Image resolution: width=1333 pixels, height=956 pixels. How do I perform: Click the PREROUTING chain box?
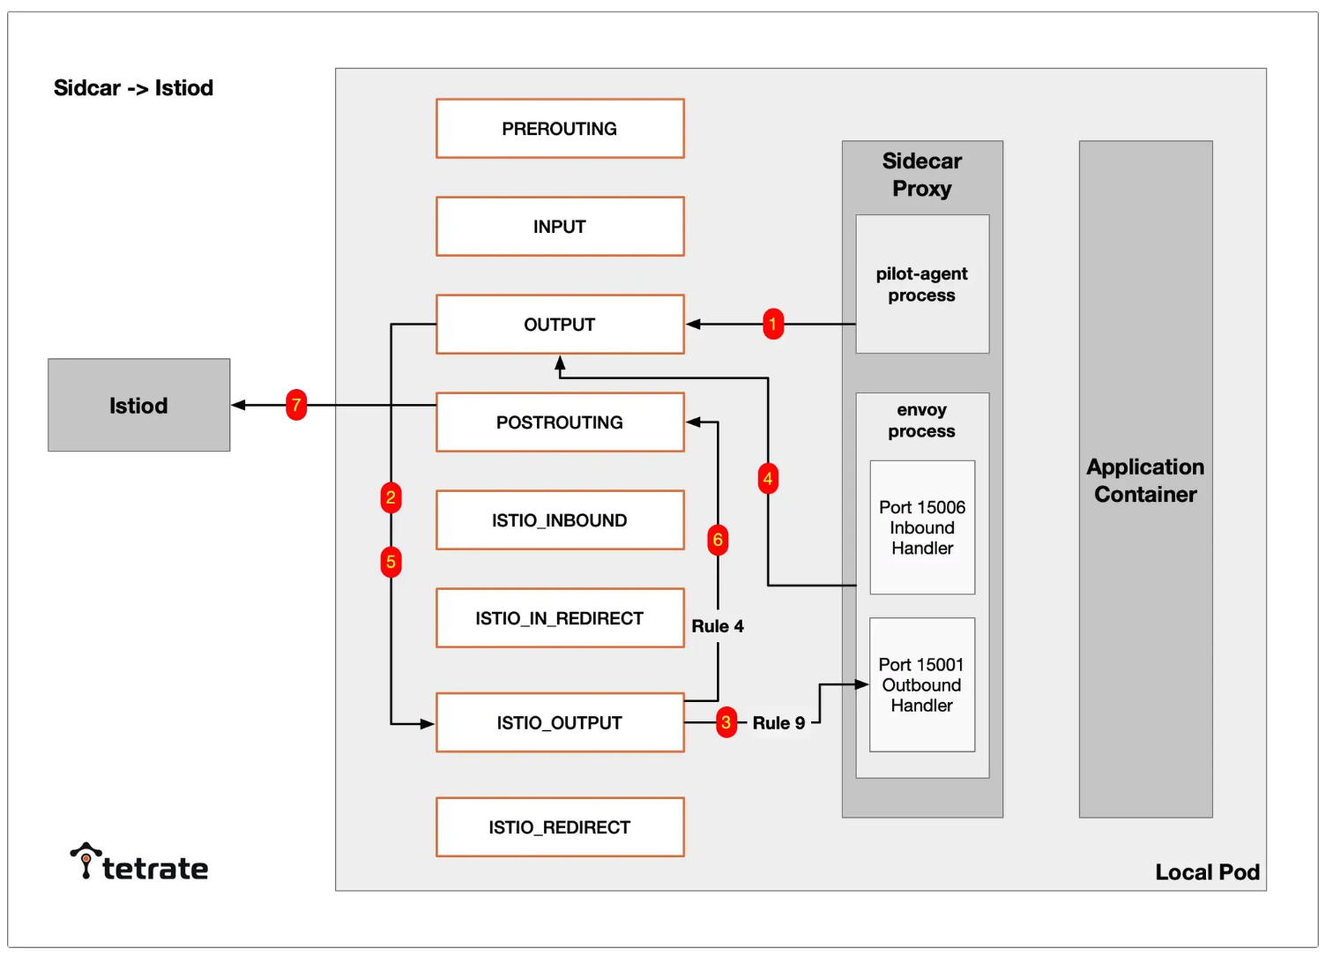560,129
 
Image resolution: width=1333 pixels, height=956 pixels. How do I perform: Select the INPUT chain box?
560,226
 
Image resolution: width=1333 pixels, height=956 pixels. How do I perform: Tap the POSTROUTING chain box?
560,422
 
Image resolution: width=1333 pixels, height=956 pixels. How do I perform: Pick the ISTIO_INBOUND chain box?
560,519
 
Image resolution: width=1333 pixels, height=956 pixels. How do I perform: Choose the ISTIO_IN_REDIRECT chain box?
560,618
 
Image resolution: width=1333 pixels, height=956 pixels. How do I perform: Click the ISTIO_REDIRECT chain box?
560,827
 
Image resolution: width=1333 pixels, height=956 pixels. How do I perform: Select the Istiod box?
138,405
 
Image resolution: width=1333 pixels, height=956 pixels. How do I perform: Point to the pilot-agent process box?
922,284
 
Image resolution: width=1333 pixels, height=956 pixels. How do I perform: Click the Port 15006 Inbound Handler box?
922,527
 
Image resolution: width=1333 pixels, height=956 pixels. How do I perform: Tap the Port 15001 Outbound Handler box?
922,684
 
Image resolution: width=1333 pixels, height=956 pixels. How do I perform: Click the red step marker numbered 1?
773,324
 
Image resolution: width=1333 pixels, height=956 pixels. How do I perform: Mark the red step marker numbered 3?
726,722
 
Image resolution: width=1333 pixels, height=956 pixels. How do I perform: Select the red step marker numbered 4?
768,479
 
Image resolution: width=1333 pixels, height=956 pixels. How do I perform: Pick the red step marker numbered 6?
718,540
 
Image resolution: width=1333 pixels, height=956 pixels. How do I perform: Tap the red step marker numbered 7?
296,405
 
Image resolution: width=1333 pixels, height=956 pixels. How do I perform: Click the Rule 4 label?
718,626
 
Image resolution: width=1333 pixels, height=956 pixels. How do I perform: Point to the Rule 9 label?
779,722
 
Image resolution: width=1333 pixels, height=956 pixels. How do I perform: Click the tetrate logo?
139,862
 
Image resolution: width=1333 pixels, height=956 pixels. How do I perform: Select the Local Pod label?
1208,872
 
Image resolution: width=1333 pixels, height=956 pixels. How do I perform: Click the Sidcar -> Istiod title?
133,87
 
